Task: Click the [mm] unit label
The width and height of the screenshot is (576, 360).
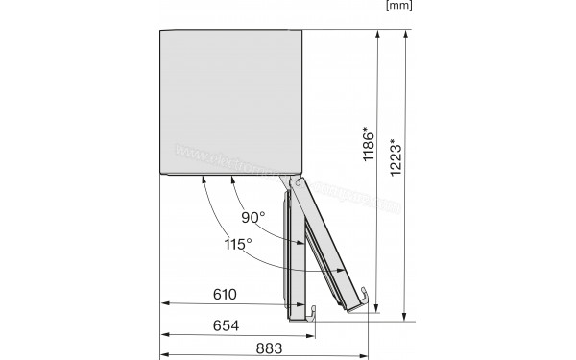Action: [x=398, y=6]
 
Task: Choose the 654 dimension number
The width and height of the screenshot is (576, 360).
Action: [x=227, y=324]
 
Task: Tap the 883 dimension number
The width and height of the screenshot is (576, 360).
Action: [x=272, y=348]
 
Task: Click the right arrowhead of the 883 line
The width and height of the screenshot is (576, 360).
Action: [x=368, y=335]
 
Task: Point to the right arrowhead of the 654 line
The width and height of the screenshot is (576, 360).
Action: [x=313, y=335]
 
